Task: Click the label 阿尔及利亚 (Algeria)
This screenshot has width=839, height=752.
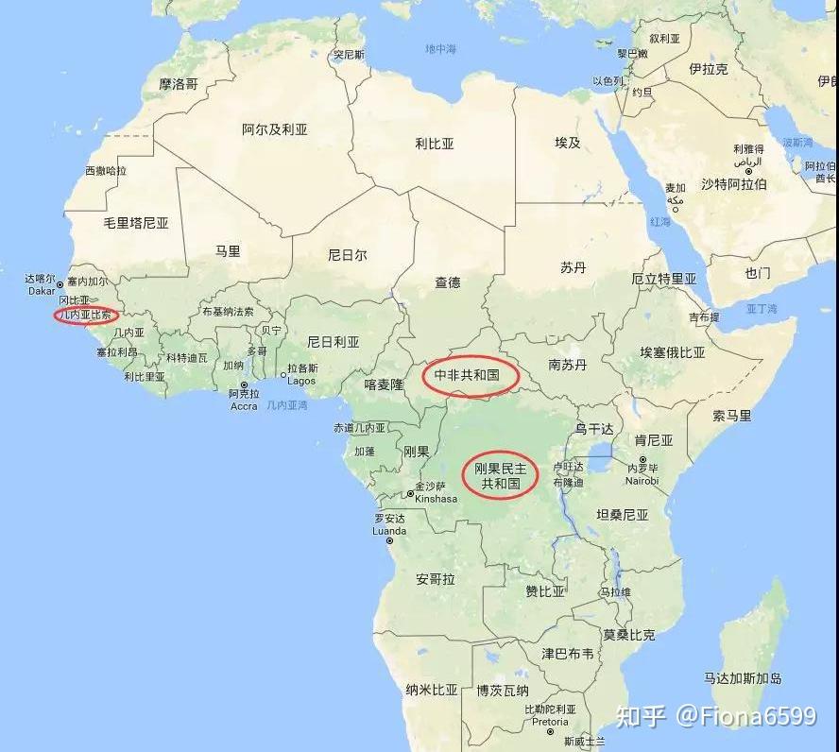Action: tap(275, 129)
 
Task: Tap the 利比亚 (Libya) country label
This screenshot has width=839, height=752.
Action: tap(435, 144)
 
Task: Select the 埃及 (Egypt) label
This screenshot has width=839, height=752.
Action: tap(568, 143)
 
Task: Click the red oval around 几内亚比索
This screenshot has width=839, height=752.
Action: tap(86, 315)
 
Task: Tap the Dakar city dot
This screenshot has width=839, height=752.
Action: tap(60, 283)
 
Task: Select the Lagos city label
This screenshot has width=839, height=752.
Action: tap(301, 380)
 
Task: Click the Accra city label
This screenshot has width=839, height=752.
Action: tap(244, 405)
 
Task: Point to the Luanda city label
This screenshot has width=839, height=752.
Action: tap(389, 530)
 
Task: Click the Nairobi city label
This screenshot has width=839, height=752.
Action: tap(642, 480)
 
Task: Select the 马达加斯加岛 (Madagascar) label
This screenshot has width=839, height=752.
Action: tap(743, 678)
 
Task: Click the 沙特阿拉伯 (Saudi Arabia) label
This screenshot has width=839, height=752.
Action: tap(734, 183)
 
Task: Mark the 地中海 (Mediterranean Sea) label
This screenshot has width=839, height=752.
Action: tap(441, 48)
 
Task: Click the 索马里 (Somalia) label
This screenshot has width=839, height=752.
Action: tap(732, 415)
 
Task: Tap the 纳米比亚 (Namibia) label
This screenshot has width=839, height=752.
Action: tap(431, 690)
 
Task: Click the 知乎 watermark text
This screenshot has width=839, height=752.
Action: tap(642, 715)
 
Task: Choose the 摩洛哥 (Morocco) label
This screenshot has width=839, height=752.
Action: tap(179, 84)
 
